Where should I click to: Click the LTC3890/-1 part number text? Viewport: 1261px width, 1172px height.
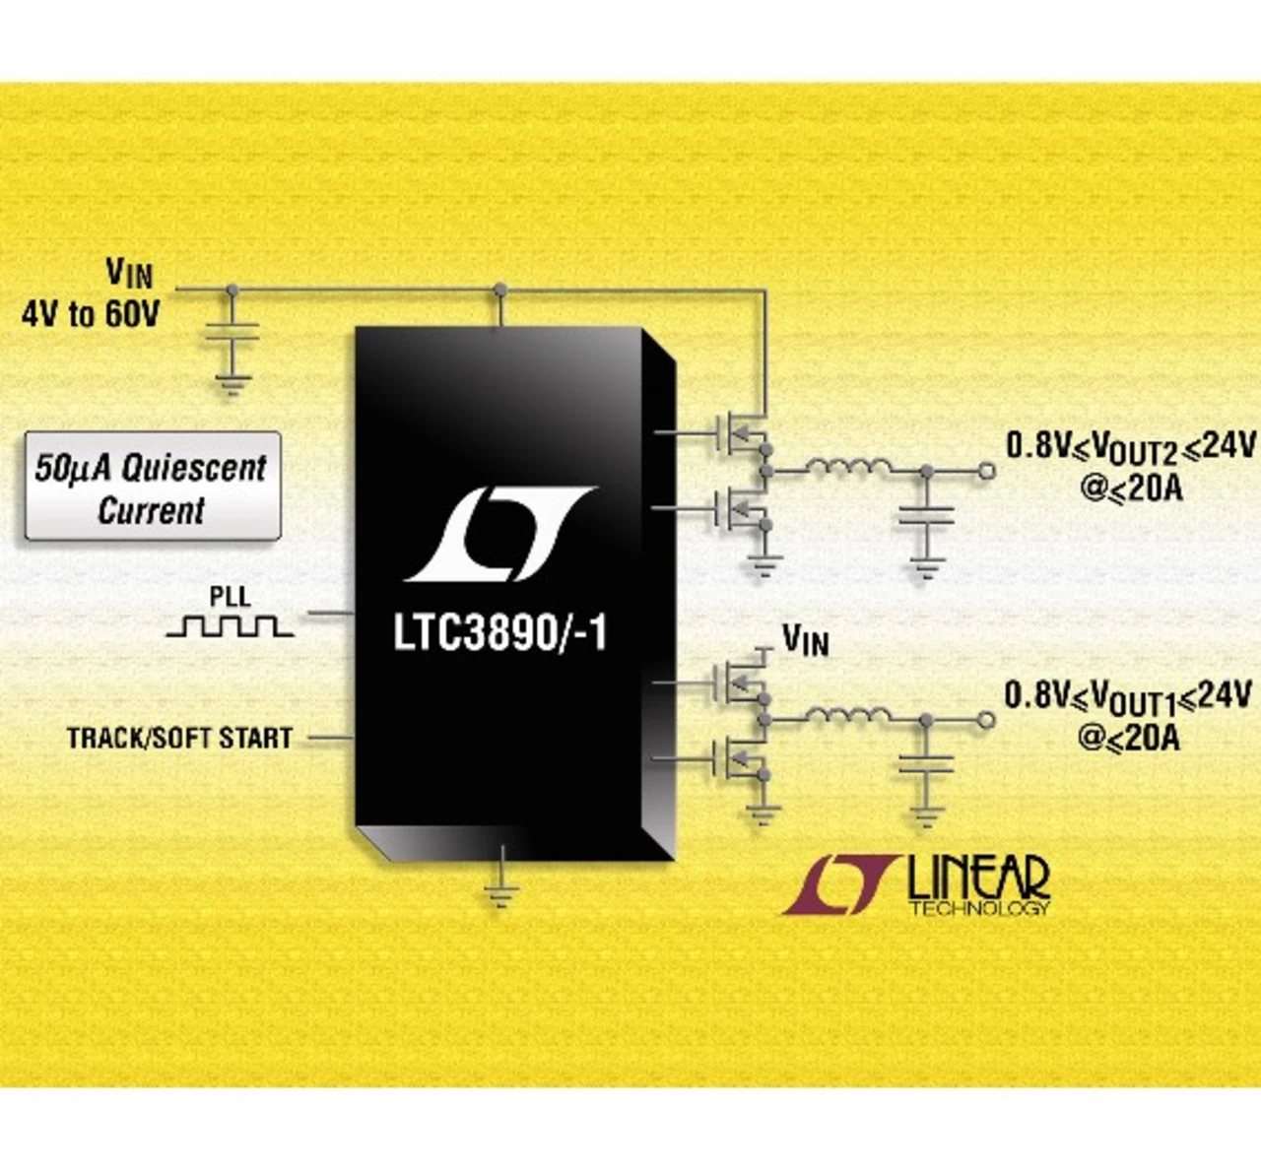(500, 633)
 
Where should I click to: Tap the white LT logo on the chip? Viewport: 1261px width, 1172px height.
(500, 533)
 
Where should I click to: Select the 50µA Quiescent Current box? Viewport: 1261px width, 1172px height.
(152, 487)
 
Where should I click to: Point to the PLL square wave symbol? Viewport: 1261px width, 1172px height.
(229, 625)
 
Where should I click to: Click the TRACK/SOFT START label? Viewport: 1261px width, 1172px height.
(179, 738)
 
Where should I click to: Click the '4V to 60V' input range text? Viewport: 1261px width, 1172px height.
(91, 314)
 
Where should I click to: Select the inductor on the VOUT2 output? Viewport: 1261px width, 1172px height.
(849, 468)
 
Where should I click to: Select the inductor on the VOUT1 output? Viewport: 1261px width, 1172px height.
(848, 717)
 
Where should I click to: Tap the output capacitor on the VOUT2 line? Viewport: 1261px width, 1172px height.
(926, 518)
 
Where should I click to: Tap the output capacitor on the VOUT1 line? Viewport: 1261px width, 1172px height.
(925, 765)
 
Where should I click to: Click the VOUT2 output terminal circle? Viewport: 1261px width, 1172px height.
(986, 472)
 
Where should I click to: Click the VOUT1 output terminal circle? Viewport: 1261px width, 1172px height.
(985, 721)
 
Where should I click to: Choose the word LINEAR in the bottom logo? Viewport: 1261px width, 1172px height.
(977, 877)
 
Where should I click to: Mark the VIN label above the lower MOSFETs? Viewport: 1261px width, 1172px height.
(805, 640)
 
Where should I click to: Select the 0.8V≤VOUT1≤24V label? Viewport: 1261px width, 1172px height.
(1128, 696)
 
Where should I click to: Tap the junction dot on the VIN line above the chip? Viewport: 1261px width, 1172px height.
(500, 290)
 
